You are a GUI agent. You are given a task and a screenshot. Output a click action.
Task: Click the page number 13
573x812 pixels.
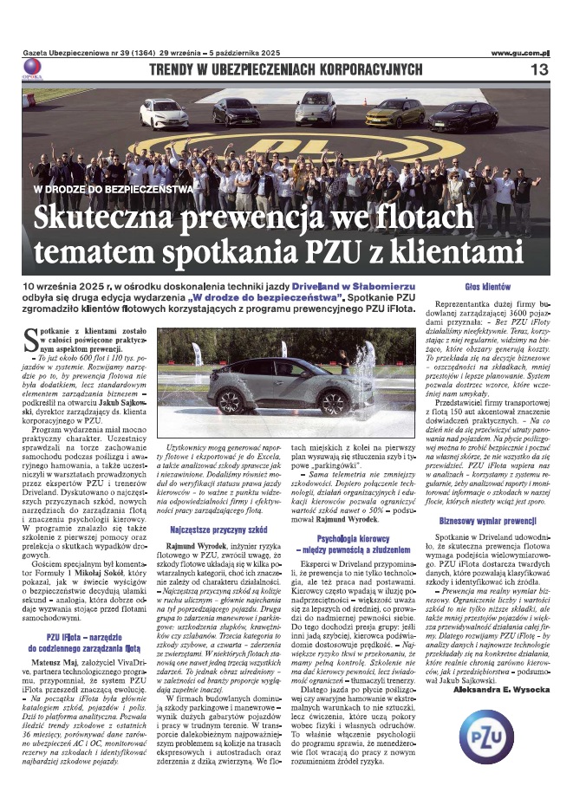pyautogui.click(x=538, y=69)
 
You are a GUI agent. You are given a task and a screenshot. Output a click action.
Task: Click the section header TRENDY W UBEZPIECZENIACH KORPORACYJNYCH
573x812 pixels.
pyautogui.click(x=286, y=69)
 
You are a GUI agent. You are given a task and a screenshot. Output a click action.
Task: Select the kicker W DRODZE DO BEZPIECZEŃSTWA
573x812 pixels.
pyautogui.click(x=113, y=188)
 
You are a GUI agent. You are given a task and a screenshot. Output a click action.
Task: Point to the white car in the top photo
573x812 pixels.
pyautogui.click(x=164, y=113)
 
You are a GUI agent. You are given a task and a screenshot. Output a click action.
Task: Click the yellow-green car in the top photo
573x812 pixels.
pyautogui.click(x=394, y=112)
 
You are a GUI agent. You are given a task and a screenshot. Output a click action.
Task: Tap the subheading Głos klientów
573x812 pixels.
pyautogui.click(x=487, y=286)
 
